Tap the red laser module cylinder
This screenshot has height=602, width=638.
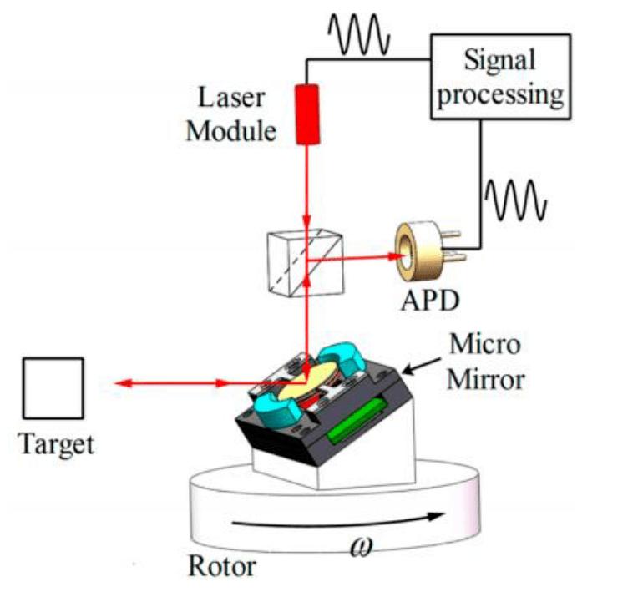309,114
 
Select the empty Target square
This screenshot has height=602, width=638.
53,388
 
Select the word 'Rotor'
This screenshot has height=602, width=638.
222,566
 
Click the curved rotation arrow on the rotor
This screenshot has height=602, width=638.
334,519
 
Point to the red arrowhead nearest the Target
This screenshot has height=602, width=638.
123,383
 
